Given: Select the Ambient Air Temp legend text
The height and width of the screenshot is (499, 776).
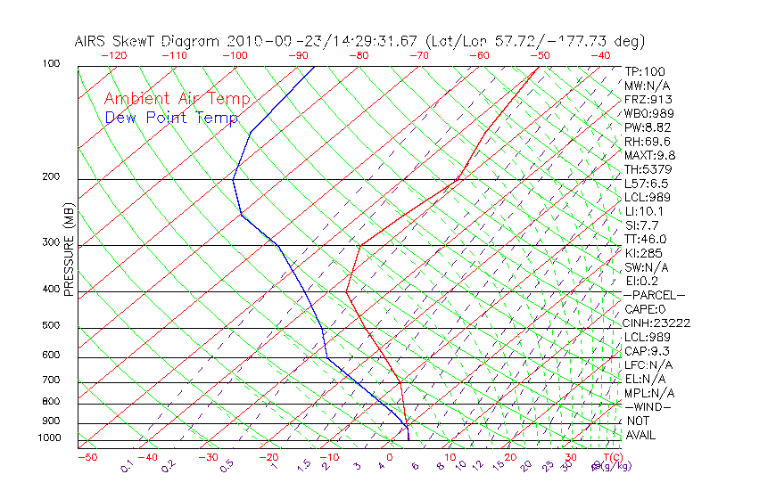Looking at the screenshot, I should tap(177, 99).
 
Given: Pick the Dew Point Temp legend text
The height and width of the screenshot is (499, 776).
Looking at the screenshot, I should tap(171, 118).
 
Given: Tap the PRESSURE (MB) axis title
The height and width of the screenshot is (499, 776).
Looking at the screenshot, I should tap(69, 250).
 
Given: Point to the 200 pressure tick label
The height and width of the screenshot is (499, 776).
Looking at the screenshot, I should tap(51, 177).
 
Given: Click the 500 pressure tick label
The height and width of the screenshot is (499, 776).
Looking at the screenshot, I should tap(51, 326).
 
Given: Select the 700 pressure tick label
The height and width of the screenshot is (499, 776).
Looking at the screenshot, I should tap(51, 381).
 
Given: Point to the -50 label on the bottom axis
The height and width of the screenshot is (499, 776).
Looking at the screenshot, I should tap(87, 458).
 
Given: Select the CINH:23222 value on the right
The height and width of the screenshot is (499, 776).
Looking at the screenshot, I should tap(658, 323).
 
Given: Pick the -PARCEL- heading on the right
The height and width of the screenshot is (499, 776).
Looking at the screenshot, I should tap(655, 295).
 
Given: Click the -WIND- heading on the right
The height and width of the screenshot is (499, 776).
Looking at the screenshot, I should tap(648, 406).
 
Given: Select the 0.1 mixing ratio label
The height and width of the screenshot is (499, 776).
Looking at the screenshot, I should tap(126, 465).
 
